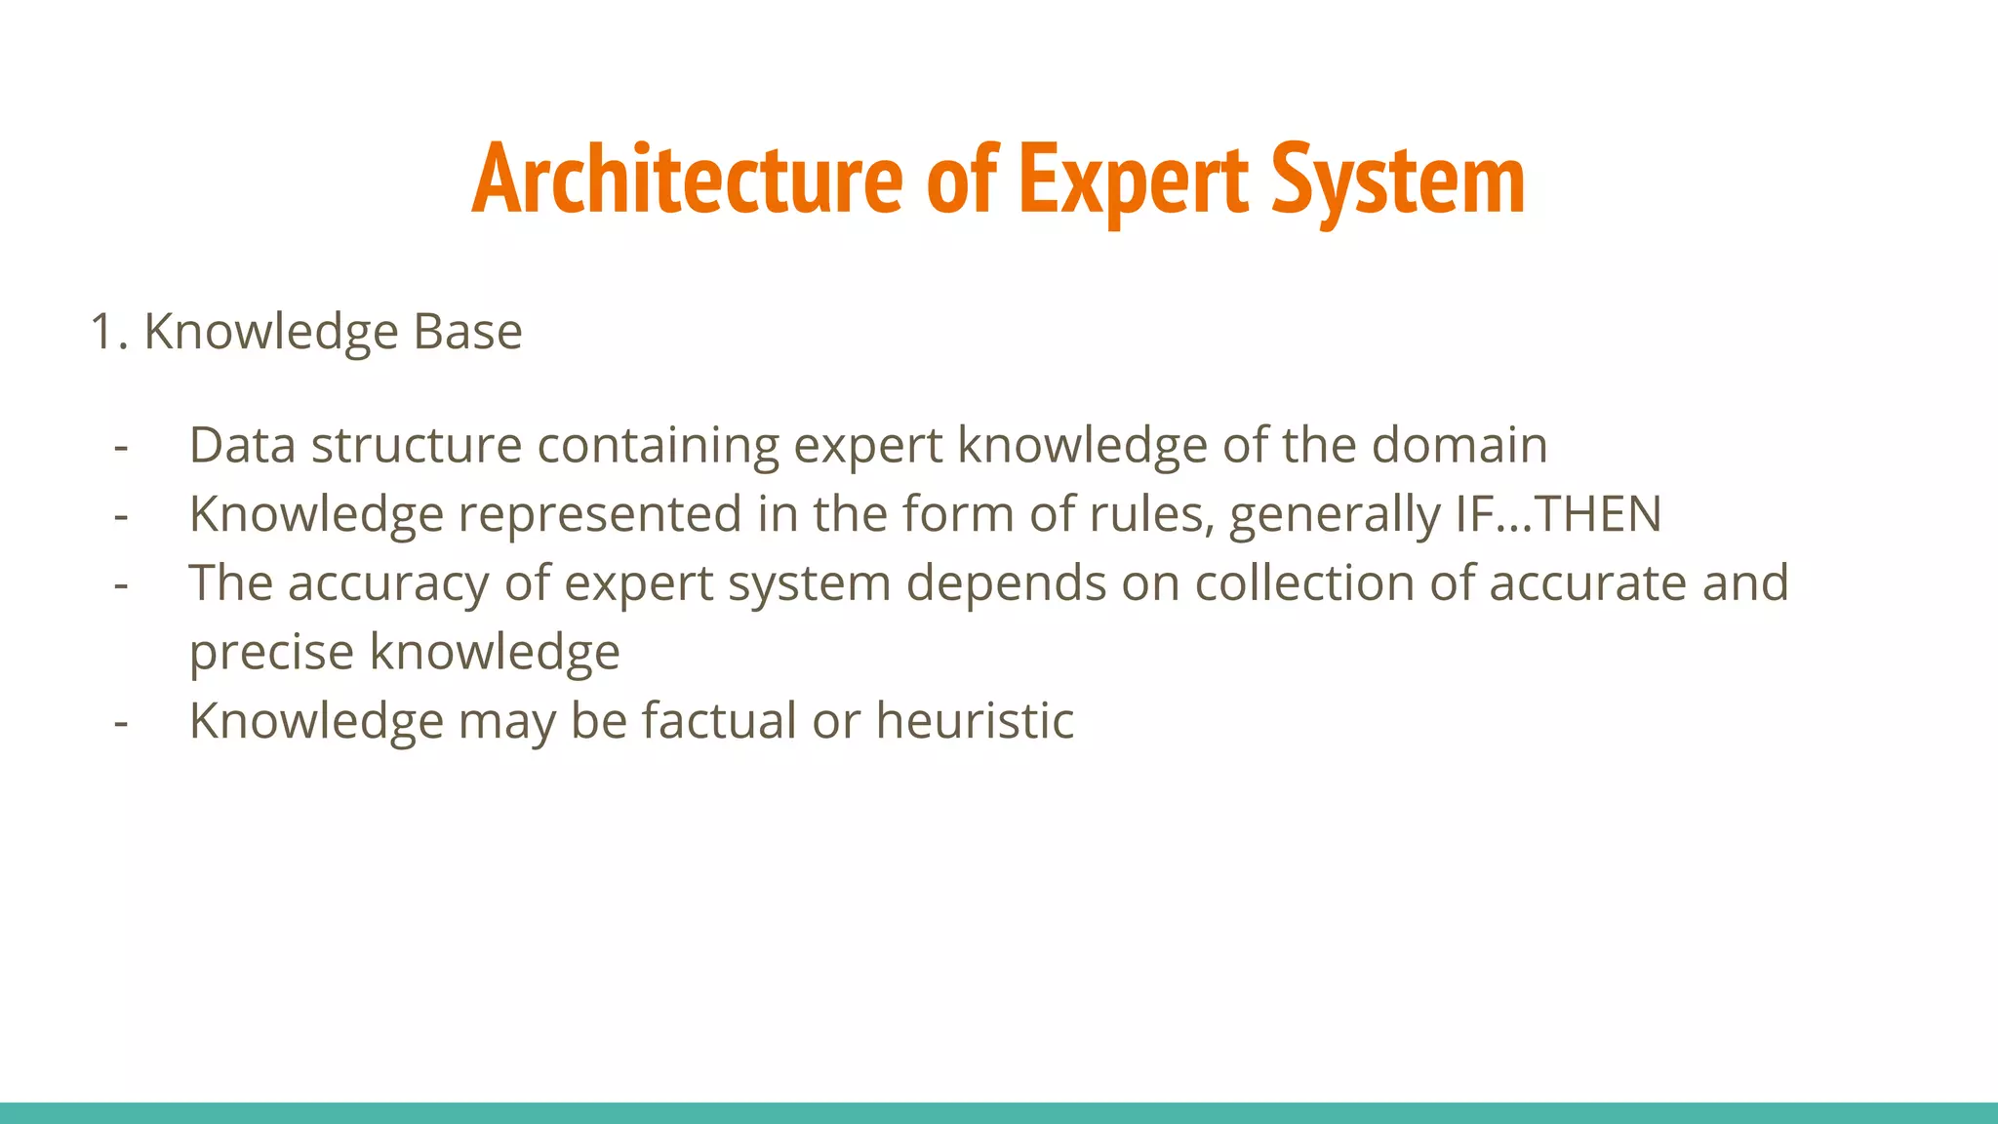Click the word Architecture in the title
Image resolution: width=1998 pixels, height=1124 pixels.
point(687,180)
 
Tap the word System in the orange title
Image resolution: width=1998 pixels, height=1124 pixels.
point(1398,181)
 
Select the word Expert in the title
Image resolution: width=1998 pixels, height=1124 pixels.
point(1133,181)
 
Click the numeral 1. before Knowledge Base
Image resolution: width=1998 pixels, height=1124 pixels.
point(108,332)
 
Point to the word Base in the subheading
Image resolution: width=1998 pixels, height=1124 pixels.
point(467,332)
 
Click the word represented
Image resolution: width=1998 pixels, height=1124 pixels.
point(600,514)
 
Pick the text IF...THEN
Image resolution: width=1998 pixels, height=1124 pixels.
point(1558,514)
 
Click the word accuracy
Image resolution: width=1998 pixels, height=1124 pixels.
point(388,584)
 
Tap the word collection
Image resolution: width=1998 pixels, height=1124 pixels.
point(1304,582)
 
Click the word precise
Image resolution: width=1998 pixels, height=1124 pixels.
point(271,653)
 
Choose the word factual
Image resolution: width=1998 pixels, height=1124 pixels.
point(720,721)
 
